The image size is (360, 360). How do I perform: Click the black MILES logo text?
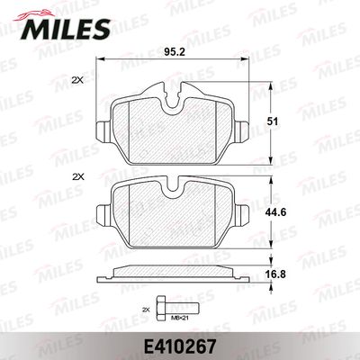(66, 29)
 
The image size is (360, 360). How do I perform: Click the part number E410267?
(180, 346)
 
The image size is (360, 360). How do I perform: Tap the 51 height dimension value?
(273, 121)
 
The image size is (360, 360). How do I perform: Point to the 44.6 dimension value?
(275, 212)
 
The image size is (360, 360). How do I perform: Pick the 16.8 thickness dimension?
(275, 274)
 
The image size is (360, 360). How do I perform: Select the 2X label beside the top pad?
(78, 80)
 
